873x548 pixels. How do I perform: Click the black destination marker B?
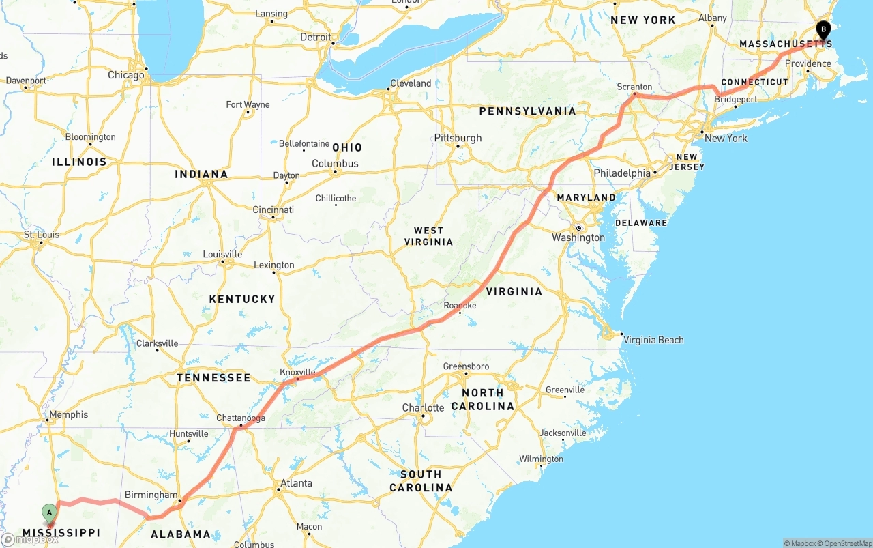[823, 30]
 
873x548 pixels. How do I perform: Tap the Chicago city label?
[126, 75]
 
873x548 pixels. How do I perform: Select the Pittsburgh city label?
[458, 138]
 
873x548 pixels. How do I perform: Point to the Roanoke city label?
[460, 306]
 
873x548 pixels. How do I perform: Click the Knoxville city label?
[298, 372]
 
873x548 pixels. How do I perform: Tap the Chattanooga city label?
[241, 418]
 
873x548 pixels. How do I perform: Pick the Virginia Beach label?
[653, 340]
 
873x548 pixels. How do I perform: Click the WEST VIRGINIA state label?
[428, 236]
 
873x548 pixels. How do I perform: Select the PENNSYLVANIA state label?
[527, 111]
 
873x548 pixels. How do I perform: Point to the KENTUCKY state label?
[242, 299]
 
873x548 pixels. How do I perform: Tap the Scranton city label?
[634, 87]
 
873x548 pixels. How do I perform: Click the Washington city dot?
[578, 228]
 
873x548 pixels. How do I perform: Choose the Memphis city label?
[68, 414]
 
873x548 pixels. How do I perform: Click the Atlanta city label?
[297, 483]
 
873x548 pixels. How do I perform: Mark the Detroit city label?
[316, 38]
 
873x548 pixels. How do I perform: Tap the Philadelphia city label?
[622, 173]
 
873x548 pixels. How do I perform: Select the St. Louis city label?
[42, 235]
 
